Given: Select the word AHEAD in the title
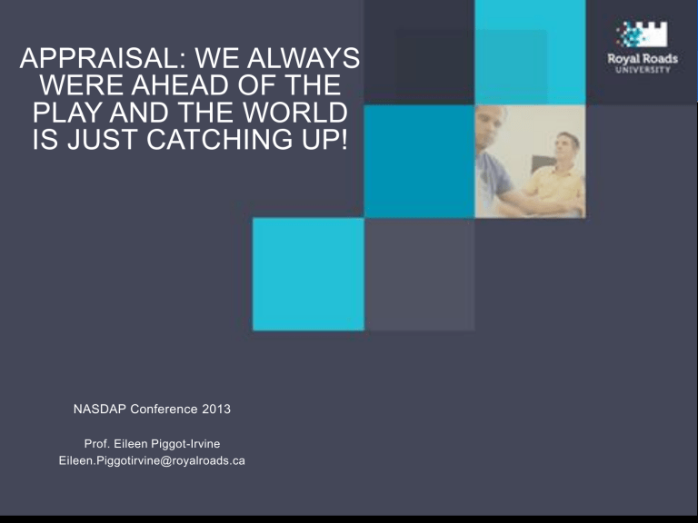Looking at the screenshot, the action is tap(181, 85).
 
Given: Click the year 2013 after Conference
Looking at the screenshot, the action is tap(216, 410).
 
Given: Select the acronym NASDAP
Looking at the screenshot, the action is tap(100, 410).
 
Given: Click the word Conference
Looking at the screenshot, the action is tap(164, 410).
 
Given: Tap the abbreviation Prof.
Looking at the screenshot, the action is tap(97, 444).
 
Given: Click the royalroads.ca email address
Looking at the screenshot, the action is tap(152, 460).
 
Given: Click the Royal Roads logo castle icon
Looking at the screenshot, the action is tap(642, 35).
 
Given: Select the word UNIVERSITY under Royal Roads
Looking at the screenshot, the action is tap(643, 70).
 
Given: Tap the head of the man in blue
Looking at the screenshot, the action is tap(490, 123).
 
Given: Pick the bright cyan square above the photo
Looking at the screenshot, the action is tap(530, 53).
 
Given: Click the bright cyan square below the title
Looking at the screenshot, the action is tap(308, 274).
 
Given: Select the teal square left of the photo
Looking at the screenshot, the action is tap(419, 162).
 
